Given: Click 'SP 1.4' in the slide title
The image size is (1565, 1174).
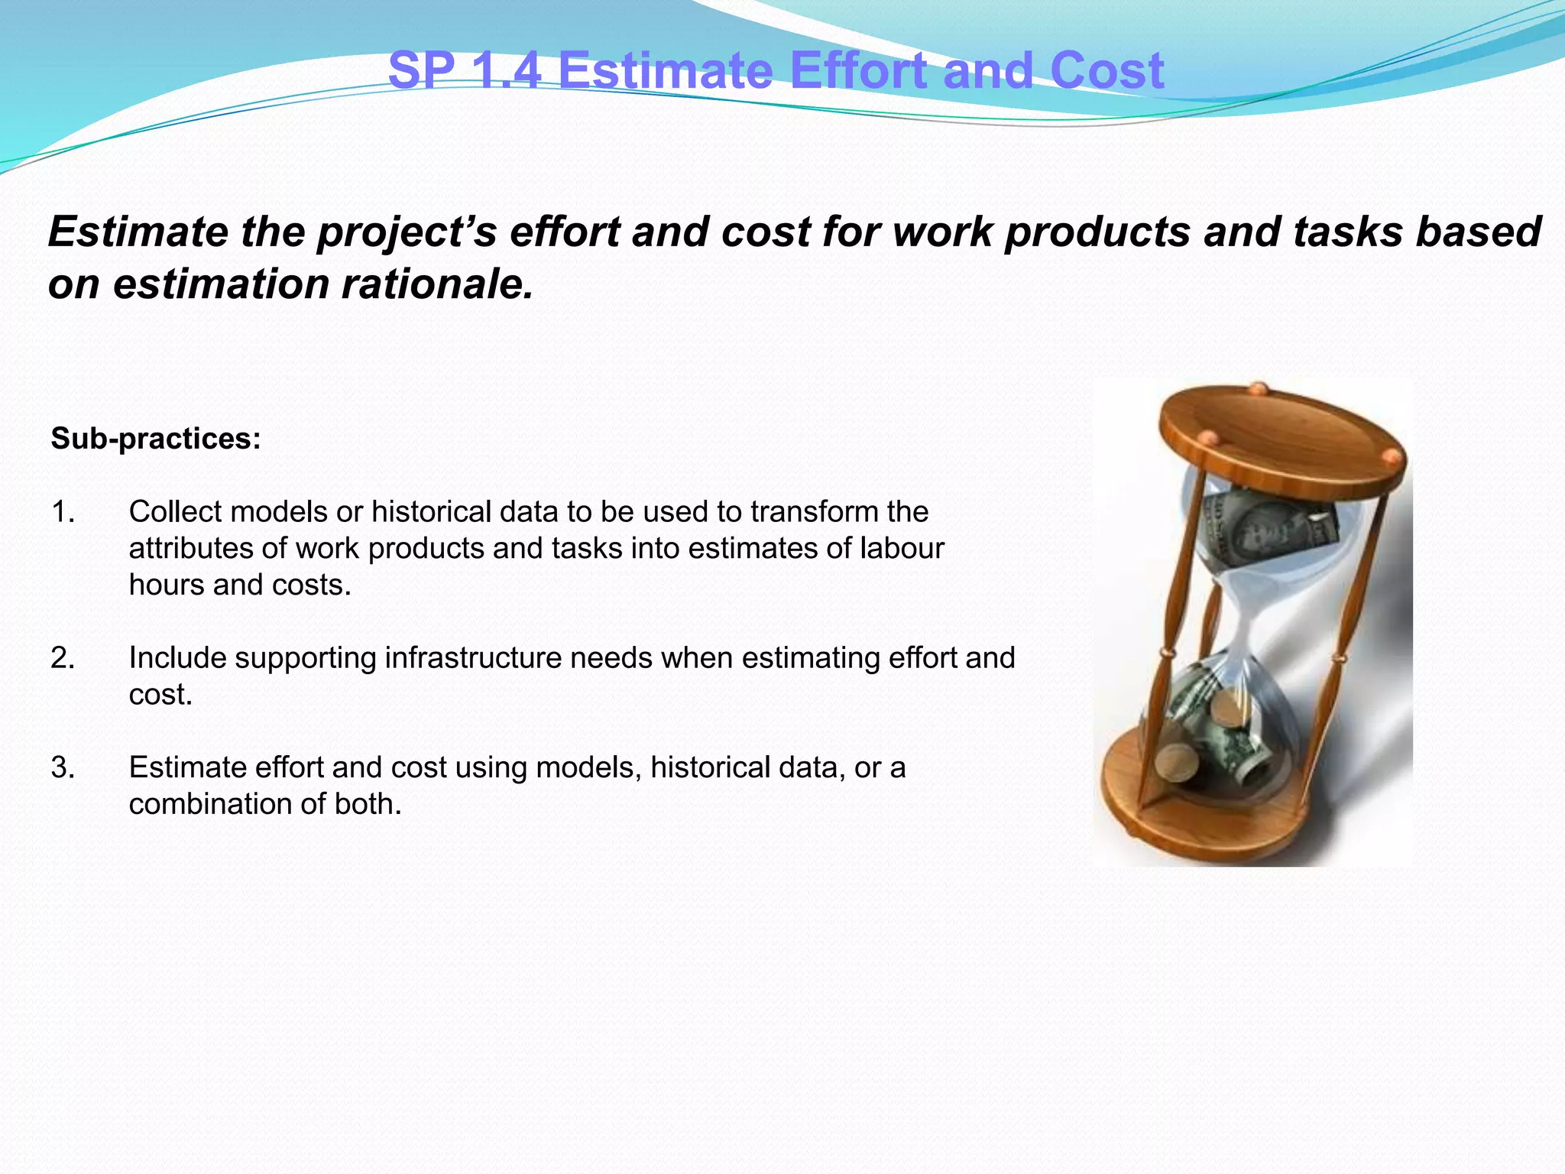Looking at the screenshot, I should [464, 71].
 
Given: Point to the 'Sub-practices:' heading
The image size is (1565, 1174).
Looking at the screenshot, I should [156, 439].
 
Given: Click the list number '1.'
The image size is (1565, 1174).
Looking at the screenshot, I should [63, 512].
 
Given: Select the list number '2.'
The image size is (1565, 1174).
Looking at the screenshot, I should [63, 658].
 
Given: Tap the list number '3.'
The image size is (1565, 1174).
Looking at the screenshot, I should [63, 767].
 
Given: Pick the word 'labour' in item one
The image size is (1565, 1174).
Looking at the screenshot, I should [902, 549].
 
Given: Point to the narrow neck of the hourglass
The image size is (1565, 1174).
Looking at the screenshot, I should [1250, 619].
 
